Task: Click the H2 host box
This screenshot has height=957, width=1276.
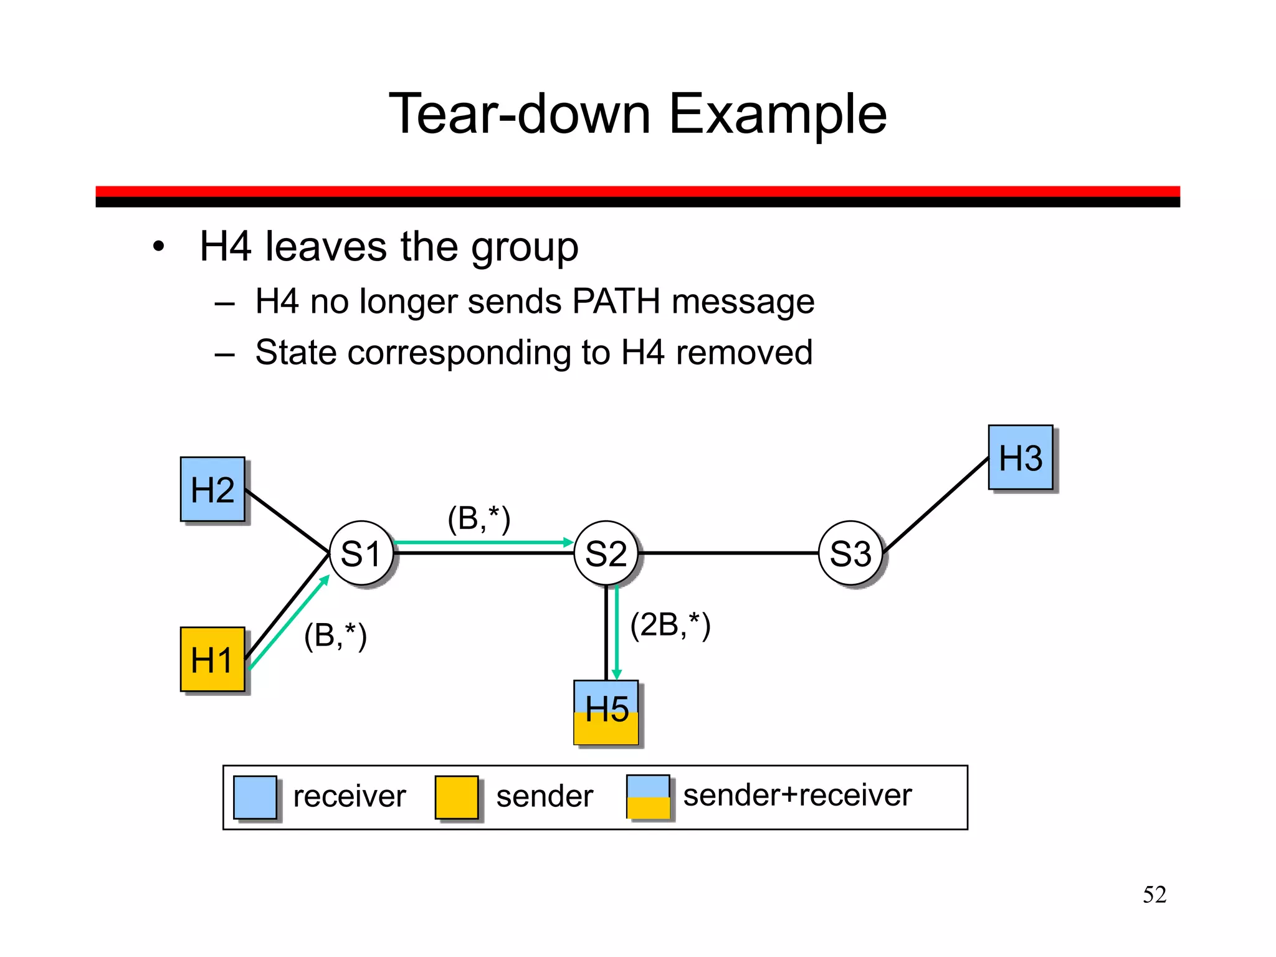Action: click(212, 489)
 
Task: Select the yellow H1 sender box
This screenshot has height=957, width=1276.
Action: click(212, 659)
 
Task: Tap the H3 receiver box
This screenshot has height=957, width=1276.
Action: click(1021, 458)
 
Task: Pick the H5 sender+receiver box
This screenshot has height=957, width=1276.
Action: click(606, 712)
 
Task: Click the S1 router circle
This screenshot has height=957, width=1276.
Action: click(361, 553)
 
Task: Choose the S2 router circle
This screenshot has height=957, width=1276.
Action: click(606, 553)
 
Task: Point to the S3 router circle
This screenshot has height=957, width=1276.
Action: click(850, 553)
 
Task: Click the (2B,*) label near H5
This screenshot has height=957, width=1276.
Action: click(670, 625)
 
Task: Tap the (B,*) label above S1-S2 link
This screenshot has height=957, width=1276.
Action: click(479, 518)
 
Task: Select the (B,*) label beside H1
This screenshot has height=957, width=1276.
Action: click(335, 636)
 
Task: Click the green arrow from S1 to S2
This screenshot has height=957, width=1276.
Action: click(483, 543)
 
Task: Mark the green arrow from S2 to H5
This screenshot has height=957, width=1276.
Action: click(617, 632)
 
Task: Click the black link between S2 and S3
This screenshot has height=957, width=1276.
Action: click(729, 553)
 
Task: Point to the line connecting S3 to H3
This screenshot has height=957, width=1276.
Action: click(936, 505)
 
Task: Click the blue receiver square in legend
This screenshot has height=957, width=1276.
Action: click(255, 797)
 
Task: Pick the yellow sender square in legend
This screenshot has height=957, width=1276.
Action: click(457, 797)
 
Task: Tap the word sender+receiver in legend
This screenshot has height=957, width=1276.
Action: click(797, 796)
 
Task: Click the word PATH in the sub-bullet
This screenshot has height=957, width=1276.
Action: click(616, 302)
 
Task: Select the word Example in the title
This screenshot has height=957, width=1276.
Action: click(778, 114)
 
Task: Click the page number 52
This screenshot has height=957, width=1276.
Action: click(1154, 895)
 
